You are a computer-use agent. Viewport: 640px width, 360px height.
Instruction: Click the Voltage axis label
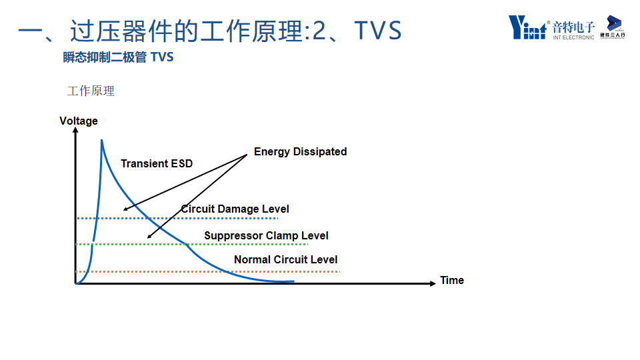(x=79, y=121)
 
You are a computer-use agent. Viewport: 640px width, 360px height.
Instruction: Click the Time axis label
(x=452, y=280)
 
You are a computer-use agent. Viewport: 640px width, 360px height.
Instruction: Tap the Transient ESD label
(x=157, y=163)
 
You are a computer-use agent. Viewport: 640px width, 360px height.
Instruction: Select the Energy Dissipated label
(x=300, y=151)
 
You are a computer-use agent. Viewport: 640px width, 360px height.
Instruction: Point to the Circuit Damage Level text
(x=235, y=209)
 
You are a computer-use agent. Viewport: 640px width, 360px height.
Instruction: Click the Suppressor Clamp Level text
(x=266, y=235)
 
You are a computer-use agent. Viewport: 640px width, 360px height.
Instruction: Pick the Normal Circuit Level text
(x=285, y=259)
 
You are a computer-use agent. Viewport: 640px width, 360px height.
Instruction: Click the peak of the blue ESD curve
(x=101, y=140)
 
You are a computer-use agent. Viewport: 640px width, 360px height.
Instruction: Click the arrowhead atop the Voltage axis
(x=76, y=131)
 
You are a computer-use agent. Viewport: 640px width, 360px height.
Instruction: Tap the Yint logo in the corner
(x=527, y=27)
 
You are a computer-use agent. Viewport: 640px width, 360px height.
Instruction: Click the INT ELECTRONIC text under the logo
(x=573, y=37)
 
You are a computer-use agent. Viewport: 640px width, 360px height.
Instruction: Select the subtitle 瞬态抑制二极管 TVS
(x=118, y=57)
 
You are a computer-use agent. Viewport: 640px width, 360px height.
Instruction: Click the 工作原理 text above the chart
(x=91, y=91)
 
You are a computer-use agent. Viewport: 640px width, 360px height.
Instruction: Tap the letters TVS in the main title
(x=377, y=31)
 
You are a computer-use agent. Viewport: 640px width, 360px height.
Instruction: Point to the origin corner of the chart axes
(x=76, y=283)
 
